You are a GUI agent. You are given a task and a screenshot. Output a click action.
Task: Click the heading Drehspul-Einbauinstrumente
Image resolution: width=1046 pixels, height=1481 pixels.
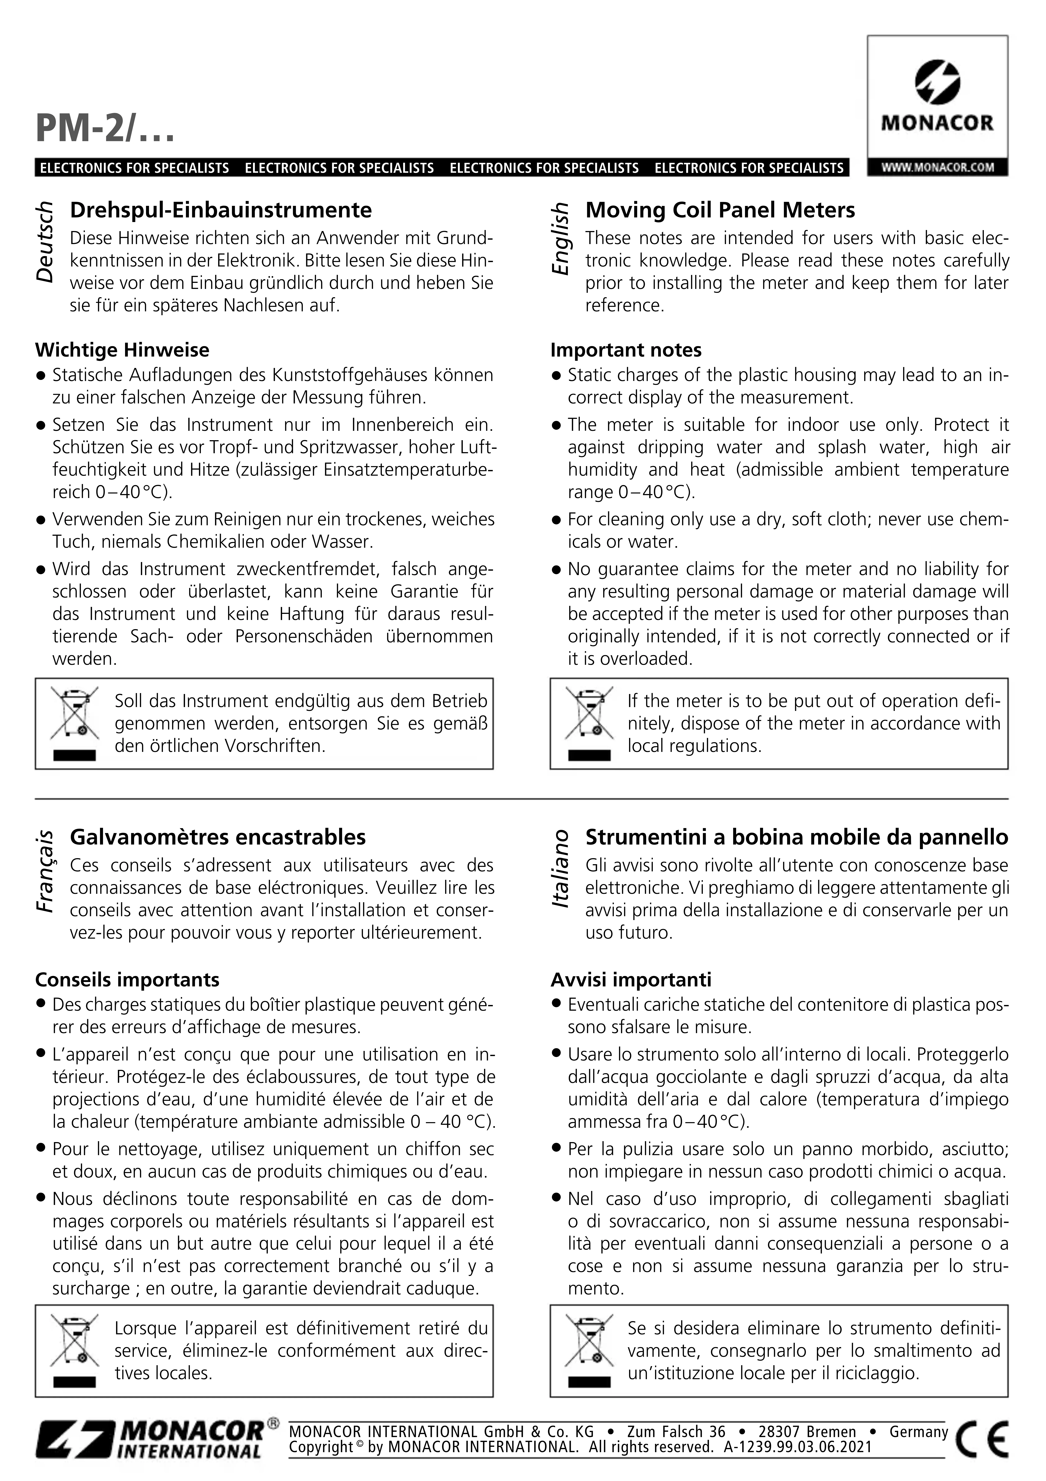pyautogui.click(x=221, y=210)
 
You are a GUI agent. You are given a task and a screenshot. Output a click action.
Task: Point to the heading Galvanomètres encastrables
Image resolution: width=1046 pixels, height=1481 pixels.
pyautogui.click(x=218, y=837)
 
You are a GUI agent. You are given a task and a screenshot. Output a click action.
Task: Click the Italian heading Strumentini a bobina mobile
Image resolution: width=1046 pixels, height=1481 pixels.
pyautogui.click(x=796, y=837)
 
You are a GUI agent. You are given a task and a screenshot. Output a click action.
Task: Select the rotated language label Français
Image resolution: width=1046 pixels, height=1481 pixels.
pyautogui.click(x=45, y=871)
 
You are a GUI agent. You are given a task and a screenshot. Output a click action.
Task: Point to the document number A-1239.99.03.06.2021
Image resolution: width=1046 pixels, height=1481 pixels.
pyautogui.click(x=798, y=1448)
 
